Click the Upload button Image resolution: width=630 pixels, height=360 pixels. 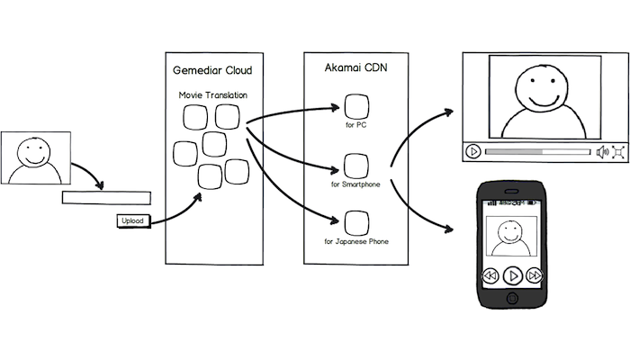pos(131,220)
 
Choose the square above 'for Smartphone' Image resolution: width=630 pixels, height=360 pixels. pos(355,166)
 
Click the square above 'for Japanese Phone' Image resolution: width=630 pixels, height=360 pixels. pos(355,222)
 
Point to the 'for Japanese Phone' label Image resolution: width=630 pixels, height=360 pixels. pos(355,243)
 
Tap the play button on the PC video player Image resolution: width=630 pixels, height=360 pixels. pos(473,151)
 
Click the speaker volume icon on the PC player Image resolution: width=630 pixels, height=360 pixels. pos(602,151)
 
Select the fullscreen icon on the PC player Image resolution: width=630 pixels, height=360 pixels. pos(620,151)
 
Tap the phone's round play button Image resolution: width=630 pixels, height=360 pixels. pos(511,274)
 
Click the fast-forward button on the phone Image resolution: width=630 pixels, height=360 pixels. pos(535,274)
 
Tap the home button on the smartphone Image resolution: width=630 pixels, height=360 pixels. pos(511,298)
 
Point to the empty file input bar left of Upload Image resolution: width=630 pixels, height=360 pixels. pos(106,198)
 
